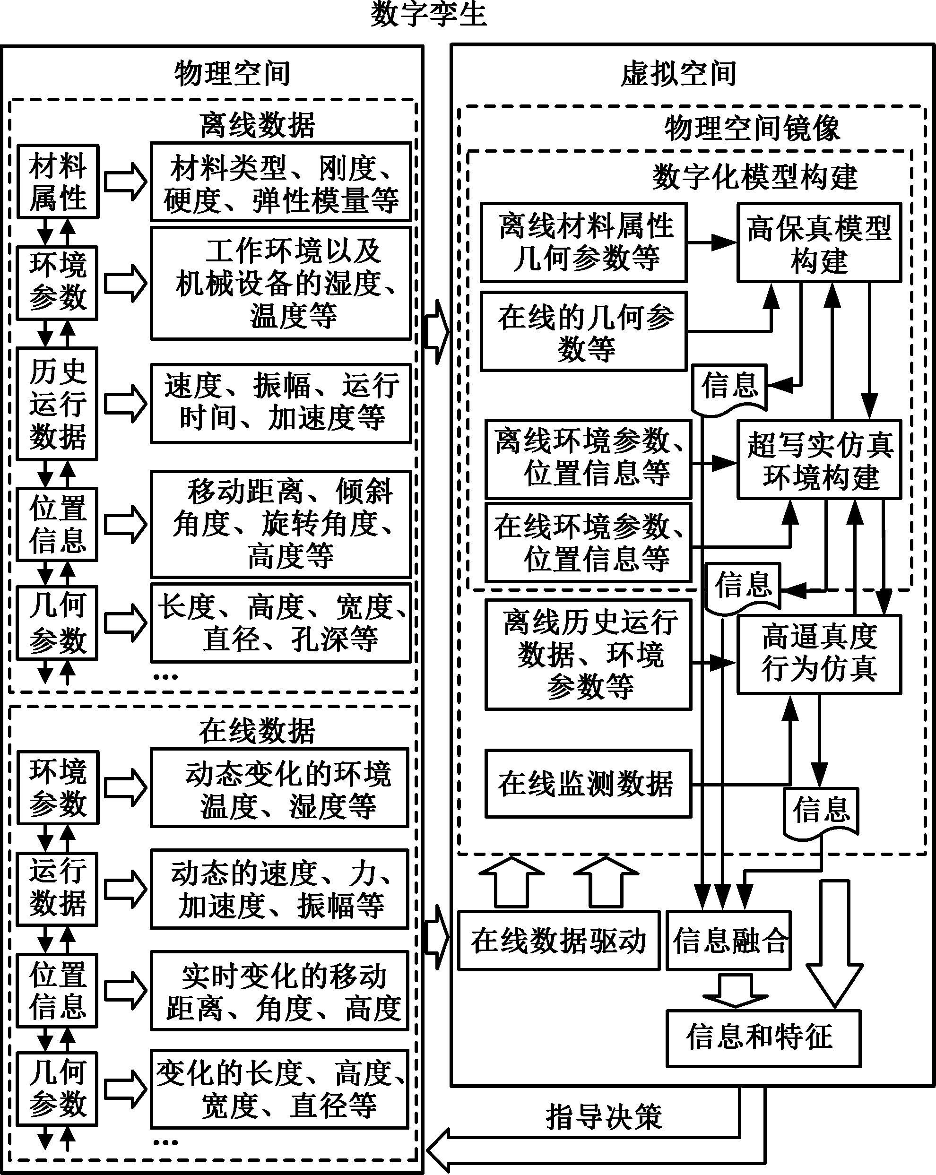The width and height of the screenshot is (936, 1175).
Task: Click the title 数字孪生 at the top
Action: click(x=428, y=14)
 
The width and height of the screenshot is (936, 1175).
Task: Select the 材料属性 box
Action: click(x=58, y=181)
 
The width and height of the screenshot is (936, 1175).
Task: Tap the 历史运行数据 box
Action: click(x=57, y=404)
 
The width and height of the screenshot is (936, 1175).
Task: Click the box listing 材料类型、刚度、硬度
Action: click(x=281, y=182)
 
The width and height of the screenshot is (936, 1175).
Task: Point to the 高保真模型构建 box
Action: click(x=819, y=242)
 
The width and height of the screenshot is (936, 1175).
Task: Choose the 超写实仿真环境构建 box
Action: click(x=819, y=459)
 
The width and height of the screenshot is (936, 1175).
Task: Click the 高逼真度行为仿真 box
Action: click(x=819, y=655)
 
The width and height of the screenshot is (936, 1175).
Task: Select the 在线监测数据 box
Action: click(x=588, y=784)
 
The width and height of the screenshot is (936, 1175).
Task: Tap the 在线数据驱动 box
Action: click(x=559, y=941)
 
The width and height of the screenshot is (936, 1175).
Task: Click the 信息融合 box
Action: click(x=729, y=941)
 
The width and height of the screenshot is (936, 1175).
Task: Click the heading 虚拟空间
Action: click(x=679, y=74)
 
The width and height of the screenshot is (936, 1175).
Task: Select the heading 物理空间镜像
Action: click(x=752, y=129)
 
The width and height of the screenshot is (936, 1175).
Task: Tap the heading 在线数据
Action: click(x=257, y=731)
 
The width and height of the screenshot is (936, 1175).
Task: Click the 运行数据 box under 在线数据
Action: click(x=57, y=890)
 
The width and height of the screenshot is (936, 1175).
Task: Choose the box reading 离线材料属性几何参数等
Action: click(x=583, y=242)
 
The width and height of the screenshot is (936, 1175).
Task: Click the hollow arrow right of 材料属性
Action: click(x=125, y=181)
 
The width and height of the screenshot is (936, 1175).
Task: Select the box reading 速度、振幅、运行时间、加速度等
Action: click(x=281, y=403)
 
